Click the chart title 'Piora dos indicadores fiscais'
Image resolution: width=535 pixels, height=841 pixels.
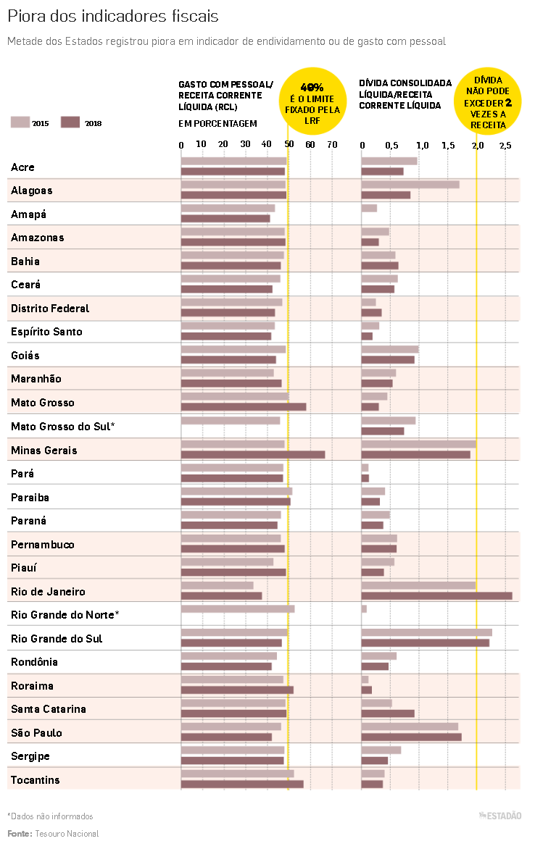click(112, 16)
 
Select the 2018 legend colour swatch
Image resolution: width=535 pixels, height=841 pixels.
click(70, 122)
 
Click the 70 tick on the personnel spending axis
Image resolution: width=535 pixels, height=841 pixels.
click(332, 145)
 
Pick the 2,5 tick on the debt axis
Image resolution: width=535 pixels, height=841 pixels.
click(505, 145)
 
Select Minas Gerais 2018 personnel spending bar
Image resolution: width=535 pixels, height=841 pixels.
click(252, 455)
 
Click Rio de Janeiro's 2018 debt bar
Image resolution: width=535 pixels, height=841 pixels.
click(436, 596)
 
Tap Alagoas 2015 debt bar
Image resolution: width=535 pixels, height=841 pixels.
click(410, 185)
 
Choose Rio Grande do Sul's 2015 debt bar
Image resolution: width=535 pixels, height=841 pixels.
click(426, 632)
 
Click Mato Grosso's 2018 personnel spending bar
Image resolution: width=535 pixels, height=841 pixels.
click(244, 407)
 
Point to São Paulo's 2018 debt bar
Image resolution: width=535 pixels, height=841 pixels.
click(411, 737)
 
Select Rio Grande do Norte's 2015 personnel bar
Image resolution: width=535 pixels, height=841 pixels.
click(238, 609)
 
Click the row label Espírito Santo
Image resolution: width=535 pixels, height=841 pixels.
click(46, 332)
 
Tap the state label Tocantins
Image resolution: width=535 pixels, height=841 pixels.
click(35, 780)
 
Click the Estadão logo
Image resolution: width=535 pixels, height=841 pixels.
click(499, 816)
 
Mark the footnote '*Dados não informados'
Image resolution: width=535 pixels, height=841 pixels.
click(50, 816)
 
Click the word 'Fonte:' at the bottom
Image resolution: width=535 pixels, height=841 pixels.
click(20, 834)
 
